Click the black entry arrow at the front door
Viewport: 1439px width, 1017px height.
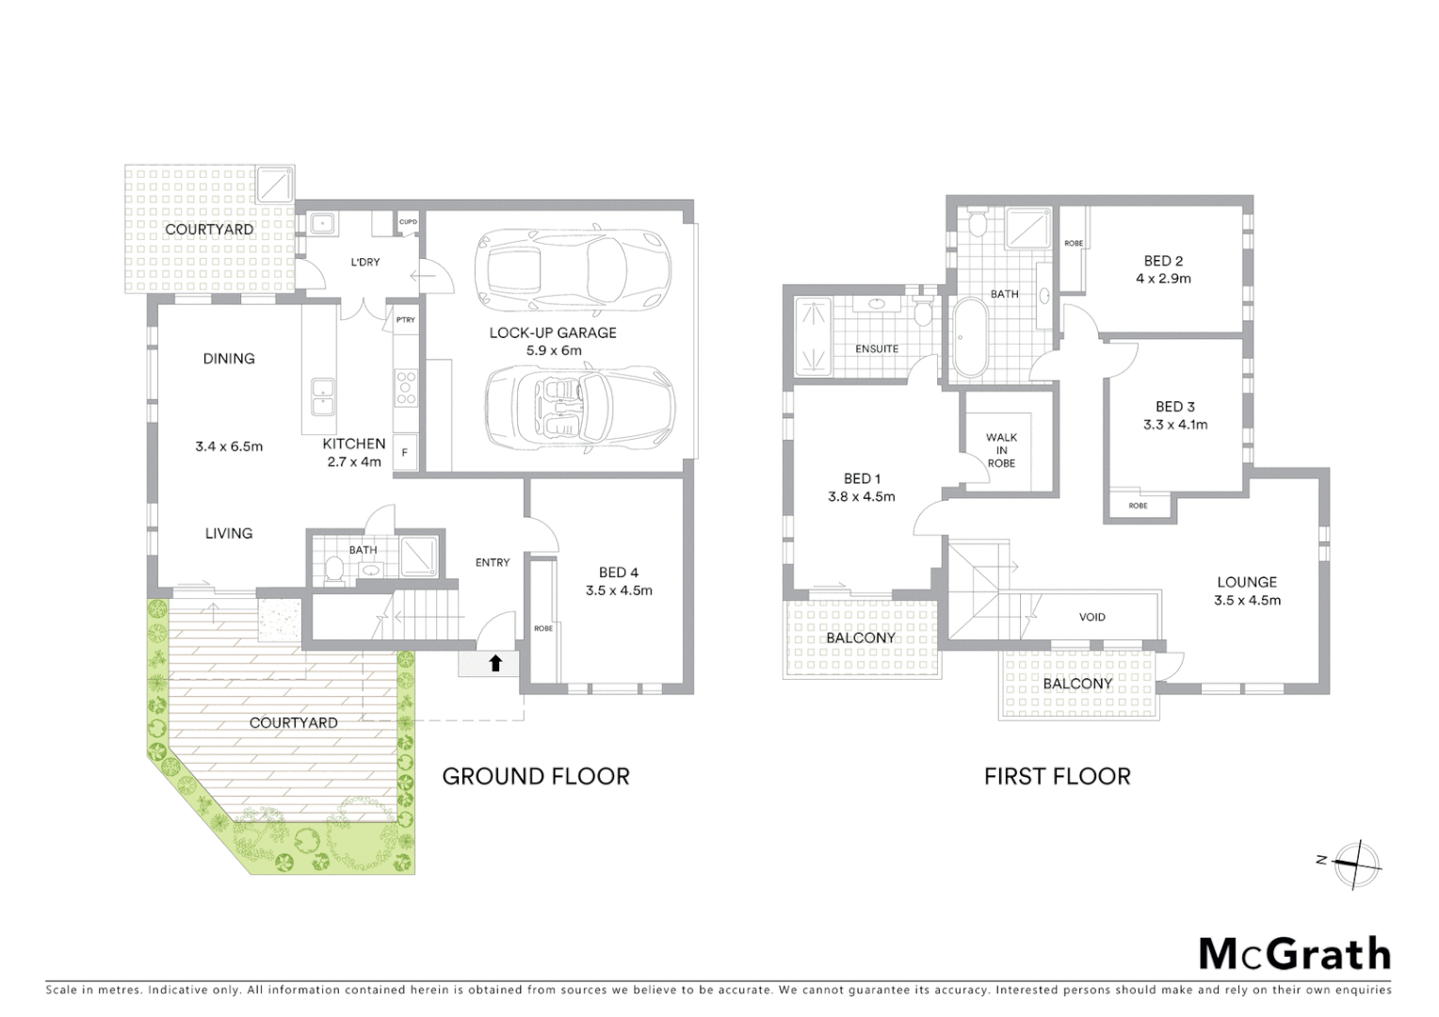pos(495,663)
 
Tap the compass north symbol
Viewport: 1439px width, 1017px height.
pos(1357,864)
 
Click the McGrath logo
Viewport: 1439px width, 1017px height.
pos(1294,954)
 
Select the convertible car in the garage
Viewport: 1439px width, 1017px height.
pos(579,405)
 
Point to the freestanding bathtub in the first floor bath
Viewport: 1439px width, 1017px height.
pos(969,337)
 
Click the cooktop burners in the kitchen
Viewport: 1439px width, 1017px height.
pos(406,387)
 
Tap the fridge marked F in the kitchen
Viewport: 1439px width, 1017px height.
pos(405,452)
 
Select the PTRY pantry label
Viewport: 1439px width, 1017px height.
pos(405,320)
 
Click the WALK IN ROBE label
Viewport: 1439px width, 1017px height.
pos(1001,450)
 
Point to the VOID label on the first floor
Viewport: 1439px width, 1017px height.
pos(1092,617)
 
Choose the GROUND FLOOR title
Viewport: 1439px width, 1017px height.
pos(535,776)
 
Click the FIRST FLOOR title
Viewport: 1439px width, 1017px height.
pos(1057,776)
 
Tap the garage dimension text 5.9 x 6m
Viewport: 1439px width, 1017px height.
pos(553,350)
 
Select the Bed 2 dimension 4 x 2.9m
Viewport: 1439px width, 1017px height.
pos(1163,279)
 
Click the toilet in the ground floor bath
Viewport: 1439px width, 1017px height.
pos(332,568)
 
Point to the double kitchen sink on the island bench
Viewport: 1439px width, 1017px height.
pos(321,395)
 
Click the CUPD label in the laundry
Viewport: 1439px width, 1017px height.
pos(408,222)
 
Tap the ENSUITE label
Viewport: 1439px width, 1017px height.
pos(876,348)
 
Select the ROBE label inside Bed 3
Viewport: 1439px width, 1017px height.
pos(1138,506)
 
